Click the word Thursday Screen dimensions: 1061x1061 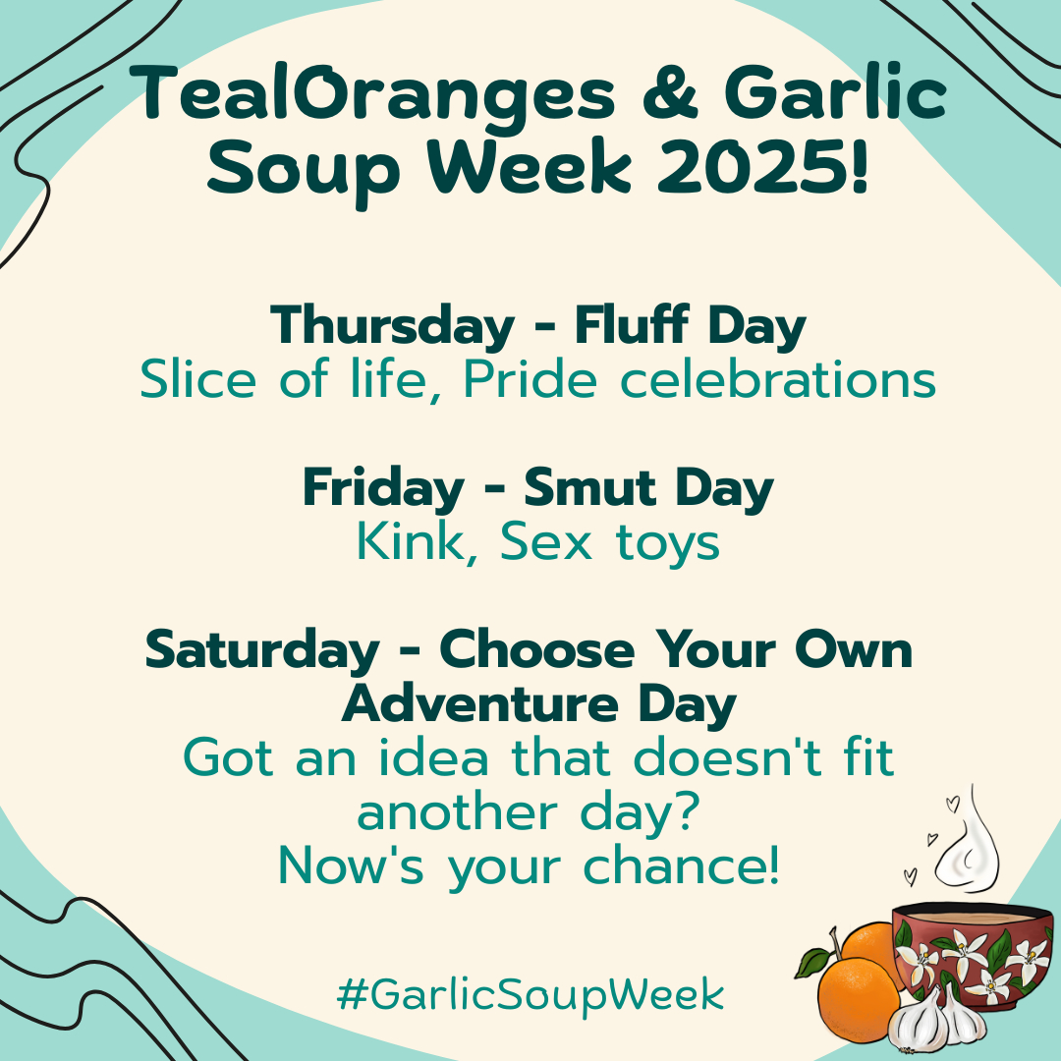coord(392,327)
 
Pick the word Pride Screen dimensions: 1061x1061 coord(530,379)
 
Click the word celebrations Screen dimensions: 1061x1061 coord(778,379)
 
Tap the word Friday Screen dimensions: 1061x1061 coord(384,488)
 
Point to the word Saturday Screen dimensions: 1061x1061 coord(262,651)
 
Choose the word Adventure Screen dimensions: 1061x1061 coord(480,704)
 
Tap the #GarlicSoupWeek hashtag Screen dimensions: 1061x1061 coord(530,994)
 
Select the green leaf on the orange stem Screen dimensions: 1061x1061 coord(812,963)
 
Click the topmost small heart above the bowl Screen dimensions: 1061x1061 coord(953,804)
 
